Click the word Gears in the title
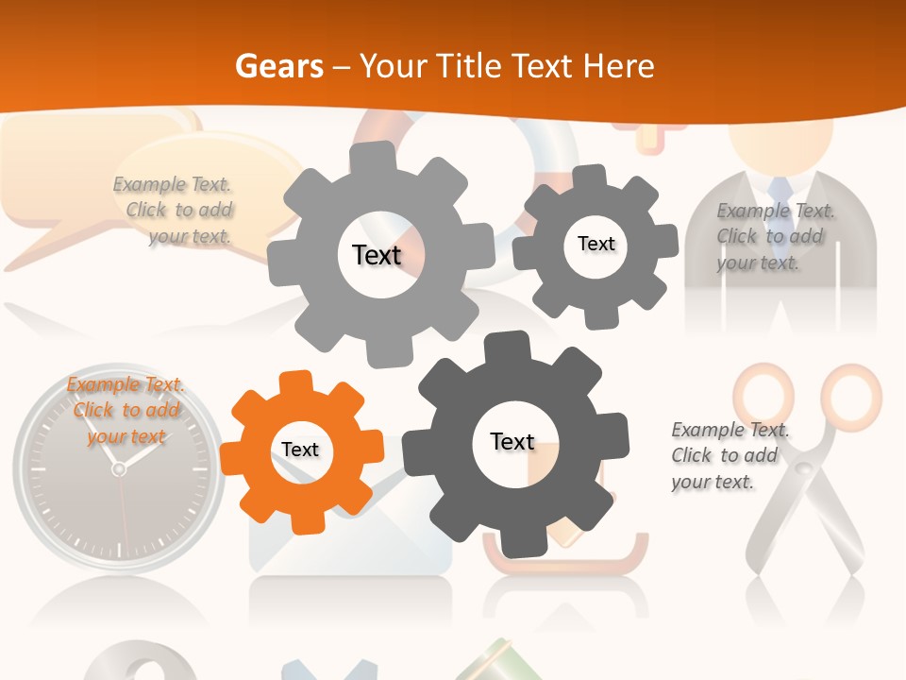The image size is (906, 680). (278, 66)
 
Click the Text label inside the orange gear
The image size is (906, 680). (300, 450)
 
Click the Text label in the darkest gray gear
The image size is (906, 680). (512, 442)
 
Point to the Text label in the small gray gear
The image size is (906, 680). (596, 244)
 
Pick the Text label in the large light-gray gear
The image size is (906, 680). (377, 255)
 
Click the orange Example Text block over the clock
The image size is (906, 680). (126, 411)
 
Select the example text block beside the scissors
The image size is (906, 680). (730, 456)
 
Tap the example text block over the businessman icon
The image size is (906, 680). (775, 236)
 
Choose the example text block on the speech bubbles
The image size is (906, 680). (174, 211)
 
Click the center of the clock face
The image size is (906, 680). (119, 468)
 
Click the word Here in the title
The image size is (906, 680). (619, 66)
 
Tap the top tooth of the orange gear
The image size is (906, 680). (295, 382)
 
